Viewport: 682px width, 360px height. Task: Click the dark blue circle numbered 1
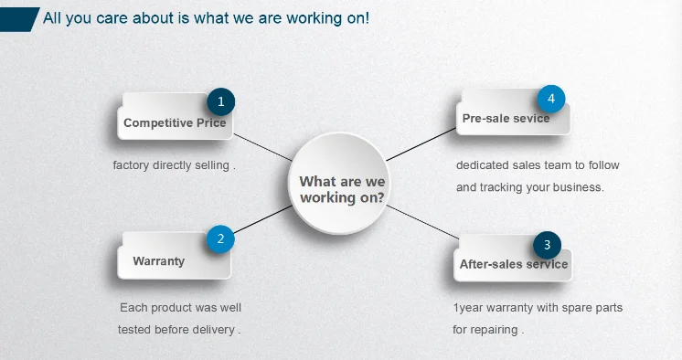coord(221,101)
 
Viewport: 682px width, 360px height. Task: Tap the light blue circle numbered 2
coord(220,238)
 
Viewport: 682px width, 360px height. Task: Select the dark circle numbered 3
coord(548,245)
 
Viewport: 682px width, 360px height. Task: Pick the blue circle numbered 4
coord(551,99)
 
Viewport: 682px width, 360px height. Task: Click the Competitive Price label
coord(175,123)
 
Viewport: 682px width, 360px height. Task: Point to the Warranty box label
coord(159,261)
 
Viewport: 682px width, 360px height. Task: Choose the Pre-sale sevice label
coord(506,118)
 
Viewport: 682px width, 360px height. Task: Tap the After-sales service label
coord(514,264)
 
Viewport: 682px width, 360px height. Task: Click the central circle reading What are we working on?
coord(339,184)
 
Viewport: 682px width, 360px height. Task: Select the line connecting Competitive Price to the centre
coord(263,147)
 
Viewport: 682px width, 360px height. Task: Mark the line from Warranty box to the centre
coord(262,219)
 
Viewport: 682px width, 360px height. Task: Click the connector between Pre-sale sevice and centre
coord(421,144)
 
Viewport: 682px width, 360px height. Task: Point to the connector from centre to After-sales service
coord(422,222)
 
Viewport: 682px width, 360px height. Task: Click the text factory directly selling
coord(174,165)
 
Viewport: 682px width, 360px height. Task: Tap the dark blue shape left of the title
coord(18,19)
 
